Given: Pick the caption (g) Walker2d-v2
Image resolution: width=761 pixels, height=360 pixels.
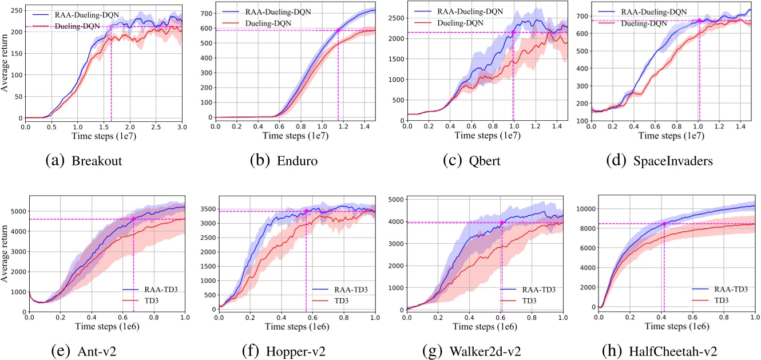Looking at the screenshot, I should pos(480,352).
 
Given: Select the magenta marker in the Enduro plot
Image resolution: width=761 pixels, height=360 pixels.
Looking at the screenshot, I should pos(338,30).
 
